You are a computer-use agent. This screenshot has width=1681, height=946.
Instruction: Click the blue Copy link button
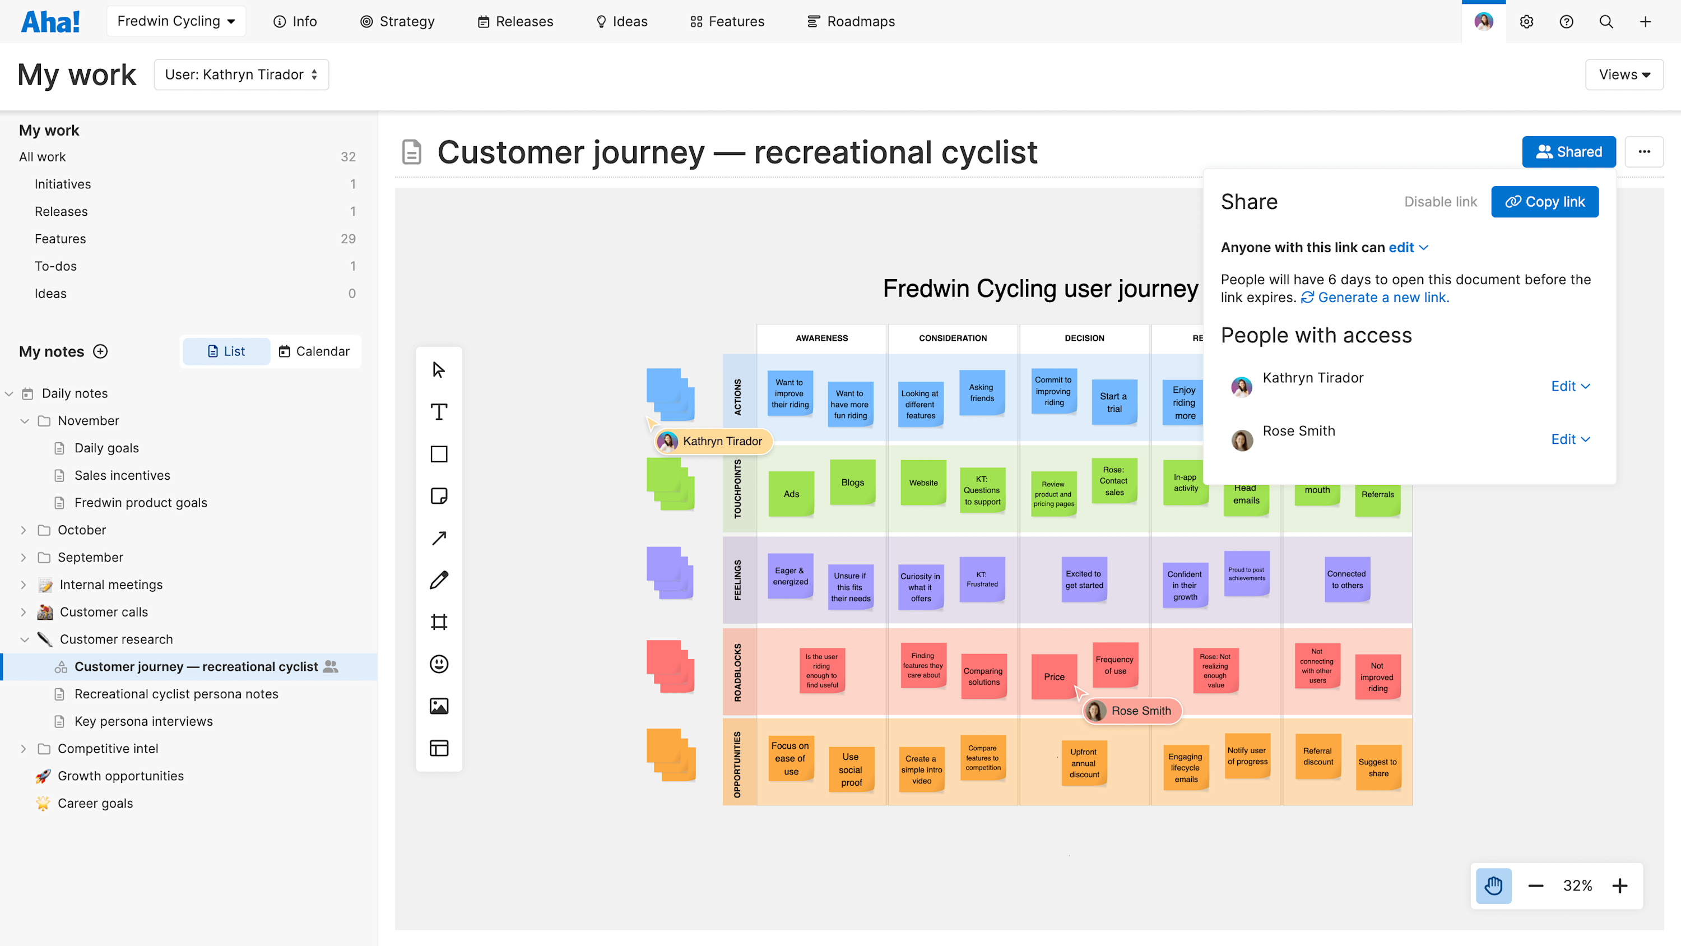point(1545,202)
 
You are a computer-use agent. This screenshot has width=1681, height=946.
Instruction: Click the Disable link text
point(1440,202)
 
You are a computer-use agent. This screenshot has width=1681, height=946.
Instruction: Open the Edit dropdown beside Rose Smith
point(1570,439)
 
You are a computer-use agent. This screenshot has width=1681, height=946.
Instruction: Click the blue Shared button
point(1569,152)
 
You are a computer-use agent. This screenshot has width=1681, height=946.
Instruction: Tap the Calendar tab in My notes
point(314,351)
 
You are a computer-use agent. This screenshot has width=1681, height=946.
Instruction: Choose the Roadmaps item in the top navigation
point(851,21)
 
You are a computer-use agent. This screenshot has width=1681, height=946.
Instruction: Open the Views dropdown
point(1624,75)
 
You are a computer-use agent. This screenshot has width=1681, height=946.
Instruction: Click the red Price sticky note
point(1054,676)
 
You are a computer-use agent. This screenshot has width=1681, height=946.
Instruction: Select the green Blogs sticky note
point(852,483)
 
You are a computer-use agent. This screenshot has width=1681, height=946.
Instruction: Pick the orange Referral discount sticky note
point(1318,756)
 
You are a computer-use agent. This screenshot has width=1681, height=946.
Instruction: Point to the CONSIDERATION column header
point(953,338)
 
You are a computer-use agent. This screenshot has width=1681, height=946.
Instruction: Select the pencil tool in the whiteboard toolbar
point(439,579)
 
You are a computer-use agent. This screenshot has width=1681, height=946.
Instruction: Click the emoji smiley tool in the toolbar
point(439,664)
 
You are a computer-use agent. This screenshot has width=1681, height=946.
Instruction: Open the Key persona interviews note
point(143,721)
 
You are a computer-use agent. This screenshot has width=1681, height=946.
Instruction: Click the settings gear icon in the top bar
point(1526,21)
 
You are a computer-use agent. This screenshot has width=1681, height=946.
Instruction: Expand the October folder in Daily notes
point(24,530)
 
